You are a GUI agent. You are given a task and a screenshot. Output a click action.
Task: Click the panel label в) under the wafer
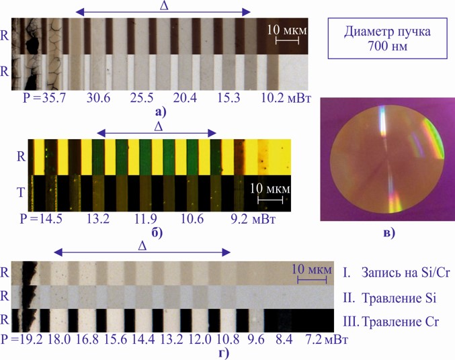(386, 233)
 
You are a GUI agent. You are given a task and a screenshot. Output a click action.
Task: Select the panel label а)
(160, 112)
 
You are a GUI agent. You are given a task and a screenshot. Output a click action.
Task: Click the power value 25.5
(140, 98)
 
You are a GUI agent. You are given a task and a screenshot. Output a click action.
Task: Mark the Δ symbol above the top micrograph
(163, 6)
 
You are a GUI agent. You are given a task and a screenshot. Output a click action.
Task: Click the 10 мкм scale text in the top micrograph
(286, 30)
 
